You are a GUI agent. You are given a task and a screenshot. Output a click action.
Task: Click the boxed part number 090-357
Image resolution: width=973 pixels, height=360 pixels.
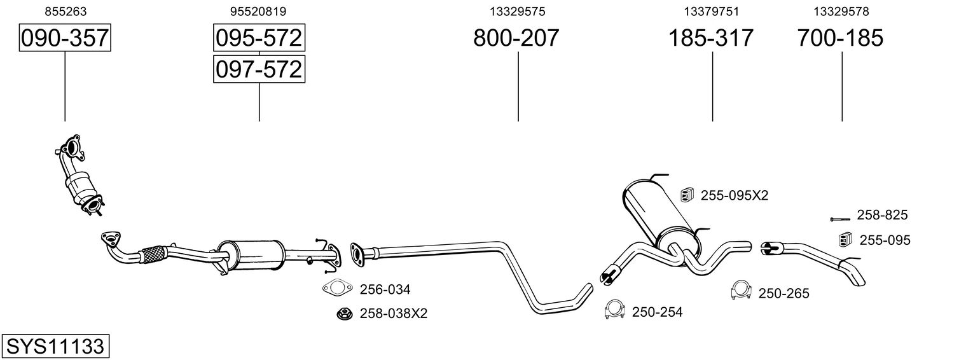click(65, 38)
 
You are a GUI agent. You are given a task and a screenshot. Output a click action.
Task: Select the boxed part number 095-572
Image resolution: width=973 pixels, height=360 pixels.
click(259, 38)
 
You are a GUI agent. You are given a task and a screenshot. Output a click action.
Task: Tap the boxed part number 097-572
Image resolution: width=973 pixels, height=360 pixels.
click(259, 69)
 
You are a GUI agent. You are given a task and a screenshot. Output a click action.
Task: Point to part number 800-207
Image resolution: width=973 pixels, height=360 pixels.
click(516, 38)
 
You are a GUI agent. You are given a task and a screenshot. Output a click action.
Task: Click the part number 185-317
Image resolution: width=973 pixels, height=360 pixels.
click(710, 38)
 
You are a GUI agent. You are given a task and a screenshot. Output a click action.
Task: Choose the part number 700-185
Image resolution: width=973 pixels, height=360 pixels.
click(840, 38)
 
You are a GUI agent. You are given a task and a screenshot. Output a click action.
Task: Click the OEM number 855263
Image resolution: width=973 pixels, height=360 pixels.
click(66, 11)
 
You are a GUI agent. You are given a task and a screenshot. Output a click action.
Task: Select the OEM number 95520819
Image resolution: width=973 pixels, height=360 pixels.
click(258, 11)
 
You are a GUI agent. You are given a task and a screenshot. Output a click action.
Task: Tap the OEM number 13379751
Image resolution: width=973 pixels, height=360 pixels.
click(712, 11)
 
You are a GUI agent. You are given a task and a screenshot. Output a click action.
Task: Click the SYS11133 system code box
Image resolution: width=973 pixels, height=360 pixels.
click(55, 346)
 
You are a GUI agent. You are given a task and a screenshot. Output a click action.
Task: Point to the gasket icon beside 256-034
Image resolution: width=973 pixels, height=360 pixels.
click(337, 288)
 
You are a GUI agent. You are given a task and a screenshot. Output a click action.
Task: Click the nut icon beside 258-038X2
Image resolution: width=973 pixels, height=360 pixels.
click(345, 313)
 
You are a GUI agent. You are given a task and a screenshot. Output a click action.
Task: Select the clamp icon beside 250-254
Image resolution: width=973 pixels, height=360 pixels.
click(614, 310)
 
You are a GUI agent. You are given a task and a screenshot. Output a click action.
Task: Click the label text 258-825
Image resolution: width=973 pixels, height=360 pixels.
click(882, 215)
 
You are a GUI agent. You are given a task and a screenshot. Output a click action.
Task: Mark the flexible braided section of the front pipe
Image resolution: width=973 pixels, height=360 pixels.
click(151, 254)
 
